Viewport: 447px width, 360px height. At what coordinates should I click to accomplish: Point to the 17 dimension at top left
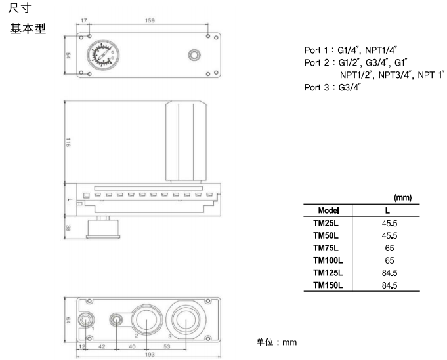point(83,21)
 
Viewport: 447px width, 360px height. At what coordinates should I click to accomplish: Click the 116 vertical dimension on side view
point(68,144)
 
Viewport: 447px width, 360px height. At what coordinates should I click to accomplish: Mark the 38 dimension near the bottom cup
point(69,228)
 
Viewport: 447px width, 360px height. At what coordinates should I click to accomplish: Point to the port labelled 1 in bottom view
point(86,319)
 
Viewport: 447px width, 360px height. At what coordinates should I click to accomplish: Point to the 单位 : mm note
point(276,342)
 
